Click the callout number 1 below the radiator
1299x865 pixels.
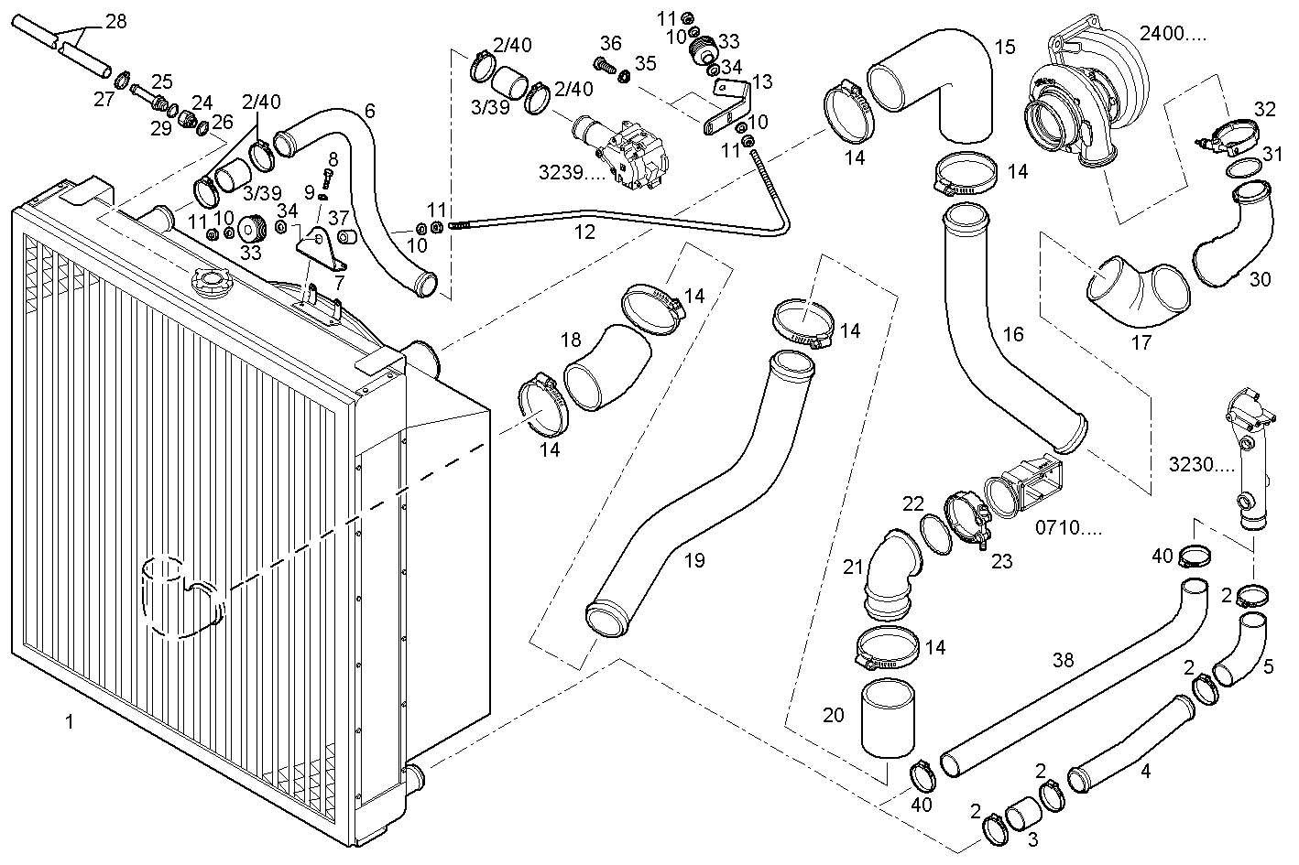point(69,722)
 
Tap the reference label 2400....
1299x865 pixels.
point(1173,35)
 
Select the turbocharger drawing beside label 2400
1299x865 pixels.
point(1086,96)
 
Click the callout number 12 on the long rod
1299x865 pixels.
point(584,232)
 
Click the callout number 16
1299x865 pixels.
point(1012,334)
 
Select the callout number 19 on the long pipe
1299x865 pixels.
point(694,560)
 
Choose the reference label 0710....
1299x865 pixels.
point(1068,528)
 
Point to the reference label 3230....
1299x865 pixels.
point(1202,464)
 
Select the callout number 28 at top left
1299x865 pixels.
point(115,21)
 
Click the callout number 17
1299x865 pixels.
point(1141,344)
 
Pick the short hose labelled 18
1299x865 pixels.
point(605,371)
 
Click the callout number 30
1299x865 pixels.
point(1260,280)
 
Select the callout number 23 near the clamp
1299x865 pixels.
point(1001,561)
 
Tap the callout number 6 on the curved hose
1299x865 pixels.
point(369,111)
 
